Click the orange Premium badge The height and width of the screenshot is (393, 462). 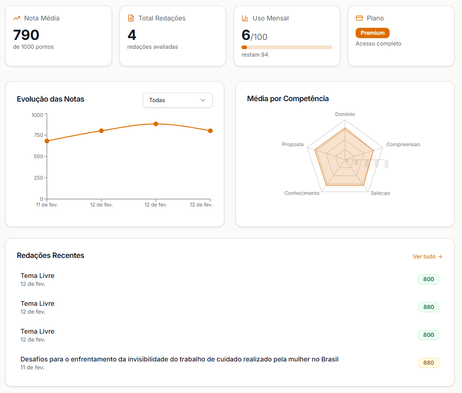click(372, 33)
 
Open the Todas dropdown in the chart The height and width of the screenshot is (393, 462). click(177, 100)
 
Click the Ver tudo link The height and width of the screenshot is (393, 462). click(427, 257)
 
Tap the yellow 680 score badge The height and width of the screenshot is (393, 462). click(428, 363)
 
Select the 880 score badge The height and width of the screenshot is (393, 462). click(428, 307)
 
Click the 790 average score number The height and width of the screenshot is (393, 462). click(26, 35)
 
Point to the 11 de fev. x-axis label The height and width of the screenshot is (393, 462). click(47, 205)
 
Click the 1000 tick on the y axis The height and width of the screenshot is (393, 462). click(37, 115)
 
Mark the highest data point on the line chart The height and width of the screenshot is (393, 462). click(156, 124)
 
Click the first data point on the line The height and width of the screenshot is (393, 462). click(47, 141)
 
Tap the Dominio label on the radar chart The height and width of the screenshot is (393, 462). click(345, 114)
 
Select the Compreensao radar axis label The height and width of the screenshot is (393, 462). click(403, 145)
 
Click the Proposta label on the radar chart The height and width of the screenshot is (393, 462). click(293, 145)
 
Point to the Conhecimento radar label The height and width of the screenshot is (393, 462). click(302, 193)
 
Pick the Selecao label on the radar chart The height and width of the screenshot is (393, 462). click(380, 193)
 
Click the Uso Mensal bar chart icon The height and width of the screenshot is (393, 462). click(245, 19)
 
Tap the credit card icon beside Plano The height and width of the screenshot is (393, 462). click(359, 19)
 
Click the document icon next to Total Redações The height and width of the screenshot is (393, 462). click(131, 19)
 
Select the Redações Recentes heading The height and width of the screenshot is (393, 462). click(51, 256)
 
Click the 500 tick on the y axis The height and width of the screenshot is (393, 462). click(38, 156)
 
